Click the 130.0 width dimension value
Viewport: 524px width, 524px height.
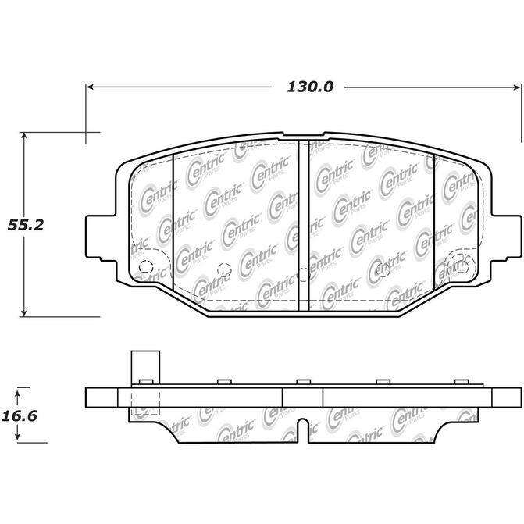click(x=310, y=87)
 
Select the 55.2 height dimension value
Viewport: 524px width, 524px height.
click(x=26, y=225)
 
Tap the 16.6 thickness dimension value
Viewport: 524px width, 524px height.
click(x=20, y=416)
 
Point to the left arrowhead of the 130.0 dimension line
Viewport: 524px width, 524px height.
click(x=90, y=87)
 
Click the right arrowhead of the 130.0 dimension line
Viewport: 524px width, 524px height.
click(x=517, y=87)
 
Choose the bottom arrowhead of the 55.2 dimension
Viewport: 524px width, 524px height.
click(x=23, y=313)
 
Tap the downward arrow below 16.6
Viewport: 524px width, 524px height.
click(x=18, y=433)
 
